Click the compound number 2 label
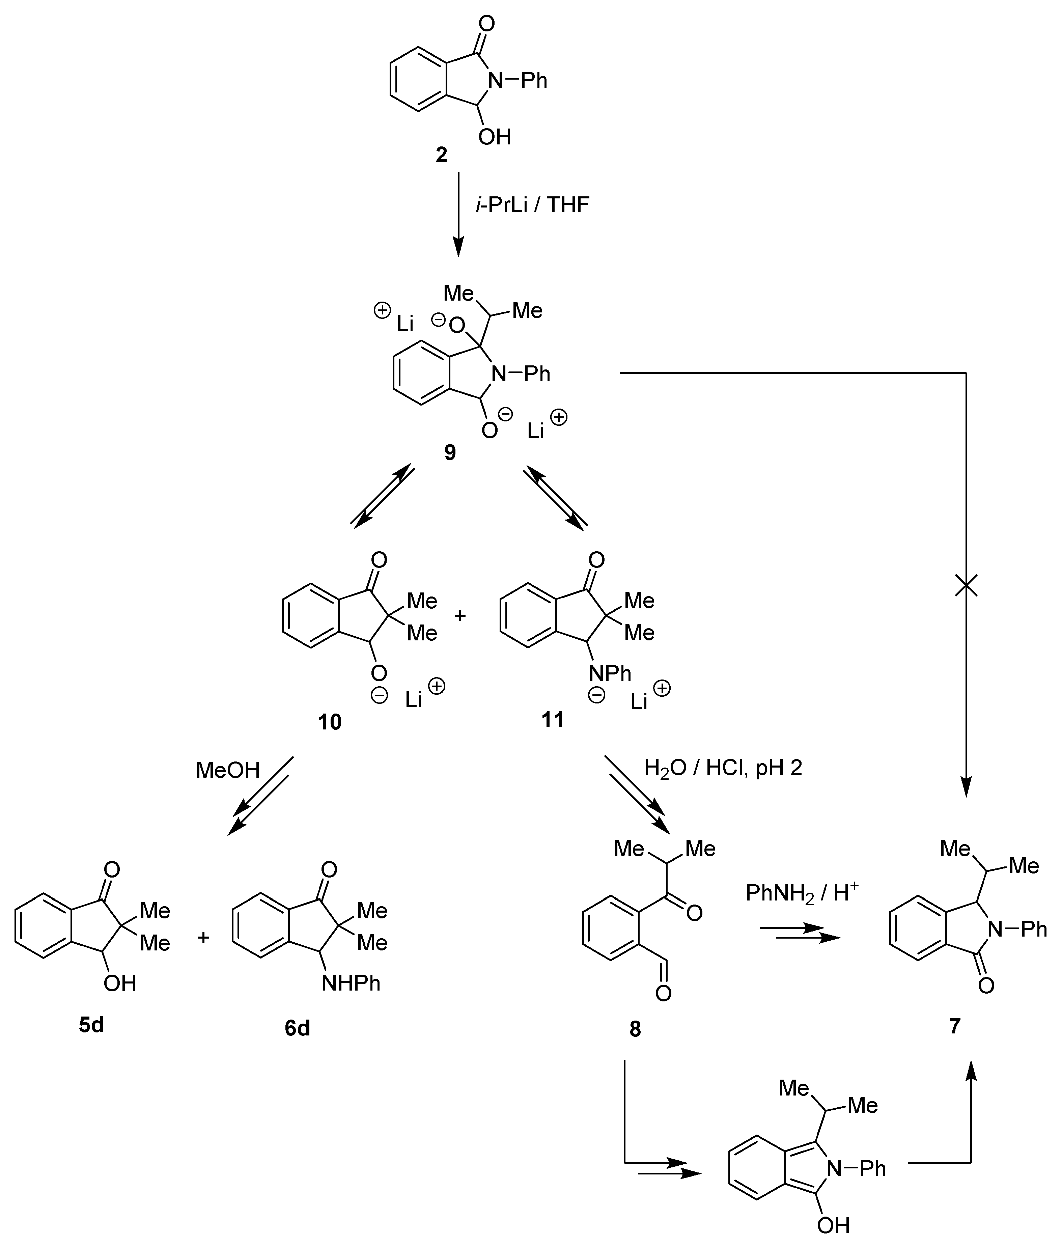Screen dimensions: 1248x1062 pyautogui.click(x=441, y=155)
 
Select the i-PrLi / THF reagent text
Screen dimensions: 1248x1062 pyautogui.click(x=532, y=205)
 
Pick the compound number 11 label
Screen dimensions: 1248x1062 pyautogui.click(x=553, y=719)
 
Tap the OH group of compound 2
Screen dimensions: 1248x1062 pyautogui.click(x=494, y=137)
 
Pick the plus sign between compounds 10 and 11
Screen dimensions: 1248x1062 pyautogui.click(x=459, y=616)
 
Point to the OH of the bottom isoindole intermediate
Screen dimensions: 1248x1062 pyautogui.click(x=833, y=1224)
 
